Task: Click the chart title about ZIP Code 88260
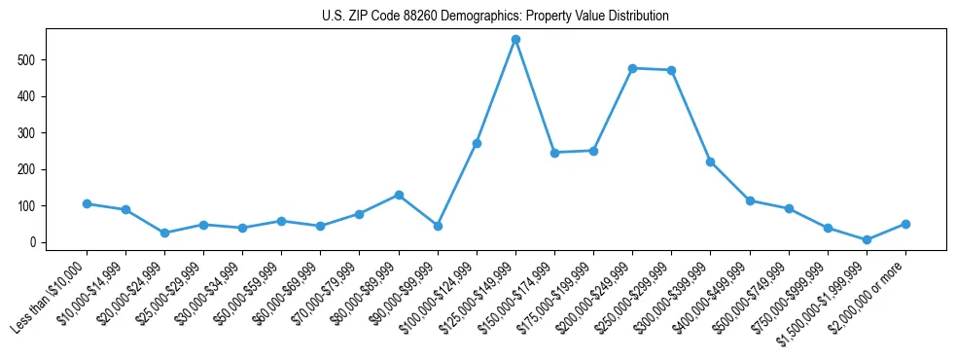tap(495, 17)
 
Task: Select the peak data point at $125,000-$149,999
tap(515, 39)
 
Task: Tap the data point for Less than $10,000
tap(87, 203)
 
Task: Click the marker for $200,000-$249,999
tap(632, 68)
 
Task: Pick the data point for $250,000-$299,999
tap(671, 70)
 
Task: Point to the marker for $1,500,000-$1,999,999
tap(867, 239)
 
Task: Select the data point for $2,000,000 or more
tap(905, 224)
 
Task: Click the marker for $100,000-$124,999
tap(477, 143)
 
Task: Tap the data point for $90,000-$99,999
tap(438, 226)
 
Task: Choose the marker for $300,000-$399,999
tap(710, 162)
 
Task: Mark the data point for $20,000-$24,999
tap(164, 233)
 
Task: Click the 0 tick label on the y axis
tap(34, 242)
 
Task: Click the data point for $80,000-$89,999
tap(399, 195)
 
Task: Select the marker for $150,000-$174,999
tap(554, 153)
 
